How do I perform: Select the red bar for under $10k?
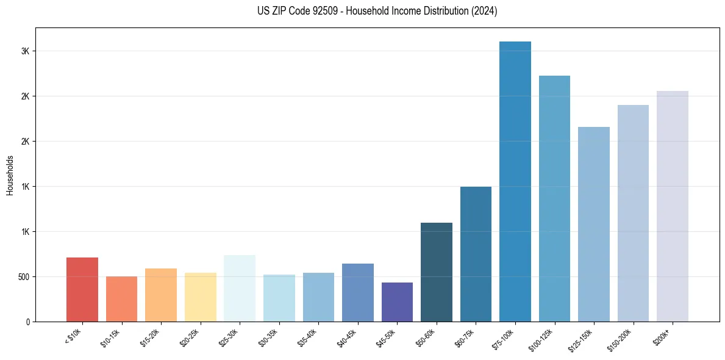pos(82,289)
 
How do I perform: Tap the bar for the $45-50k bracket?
pos(397,302)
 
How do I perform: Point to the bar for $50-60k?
pos(437,272)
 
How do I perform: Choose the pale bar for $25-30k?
pos(240,288)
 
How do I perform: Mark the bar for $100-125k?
pos(554,198)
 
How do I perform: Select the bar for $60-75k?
pos(476,254)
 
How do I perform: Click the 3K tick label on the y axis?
pos(25,51)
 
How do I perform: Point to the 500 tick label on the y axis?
pos(23,277)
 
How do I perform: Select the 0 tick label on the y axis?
pos(27,322)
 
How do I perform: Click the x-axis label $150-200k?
pos(620,338)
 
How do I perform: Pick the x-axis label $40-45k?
pos(347,337)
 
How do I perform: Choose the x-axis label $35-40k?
pos(308,337)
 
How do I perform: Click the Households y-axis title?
pos(10,175)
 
